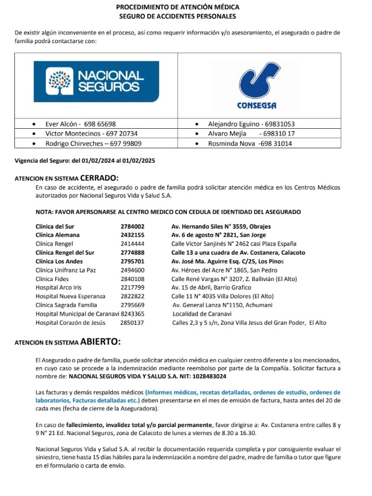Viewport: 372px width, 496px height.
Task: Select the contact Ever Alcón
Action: point(61,124)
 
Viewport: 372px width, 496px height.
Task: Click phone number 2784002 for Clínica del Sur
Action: point(132,226)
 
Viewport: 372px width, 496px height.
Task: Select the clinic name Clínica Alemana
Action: point(57,235)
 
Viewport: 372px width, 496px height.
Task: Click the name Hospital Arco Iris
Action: point(58,287)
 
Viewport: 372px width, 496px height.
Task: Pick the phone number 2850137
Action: point(132,323)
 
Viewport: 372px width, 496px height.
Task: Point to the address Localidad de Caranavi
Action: point(202,314)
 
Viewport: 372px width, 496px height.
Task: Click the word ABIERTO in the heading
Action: point(100,343)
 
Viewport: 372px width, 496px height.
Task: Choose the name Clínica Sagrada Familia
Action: point(66,305)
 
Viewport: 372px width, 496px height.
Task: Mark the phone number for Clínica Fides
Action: point(132,279)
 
